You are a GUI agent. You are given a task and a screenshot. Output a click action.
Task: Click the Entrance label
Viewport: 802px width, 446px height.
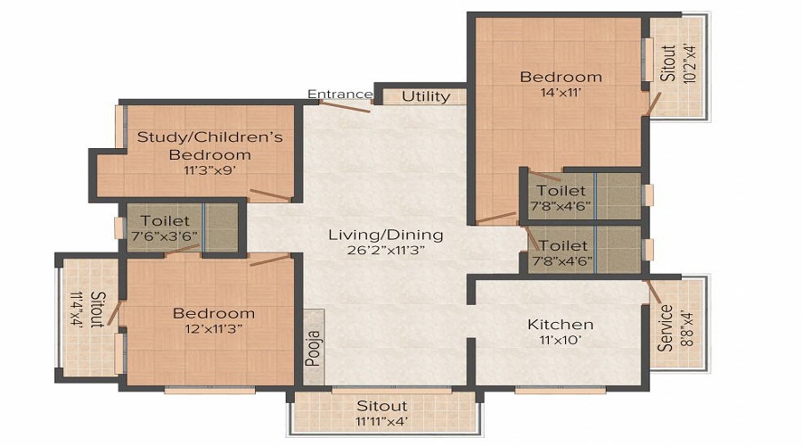tap(340, 94)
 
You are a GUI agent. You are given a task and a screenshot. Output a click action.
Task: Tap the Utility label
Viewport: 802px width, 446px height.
tap(426, 96)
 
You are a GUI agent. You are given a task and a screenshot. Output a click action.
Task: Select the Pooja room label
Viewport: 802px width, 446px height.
tap(313, 347)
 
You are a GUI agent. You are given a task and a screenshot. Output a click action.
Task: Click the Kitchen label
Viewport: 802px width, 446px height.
tap(560, 324)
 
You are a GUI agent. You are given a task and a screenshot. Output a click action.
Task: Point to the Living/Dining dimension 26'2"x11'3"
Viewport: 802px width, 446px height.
tap(385, 251)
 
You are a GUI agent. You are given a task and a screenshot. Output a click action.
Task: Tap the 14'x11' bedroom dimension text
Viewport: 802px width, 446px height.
tap(561, 93)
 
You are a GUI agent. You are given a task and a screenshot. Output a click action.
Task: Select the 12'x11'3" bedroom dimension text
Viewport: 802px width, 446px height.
tap(213, 329)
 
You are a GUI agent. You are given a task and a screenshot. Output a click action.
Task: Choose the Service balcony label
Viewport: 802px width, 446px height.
tap(665, 328)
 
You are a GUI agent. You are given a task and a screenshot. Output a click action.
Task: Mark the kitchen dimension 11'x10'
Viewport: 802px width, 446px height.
tap(560, 340)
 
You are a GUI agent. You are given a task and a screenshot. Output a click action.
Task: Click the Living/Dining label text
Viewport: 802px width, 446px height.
tap(385, 235)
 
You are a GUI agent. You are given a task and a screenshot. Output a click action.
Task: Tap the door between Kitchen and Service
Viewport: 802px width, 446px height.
tap(652, 292)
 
